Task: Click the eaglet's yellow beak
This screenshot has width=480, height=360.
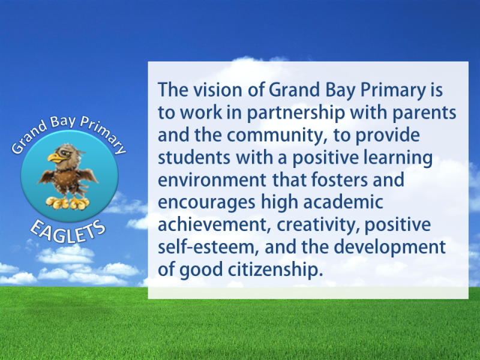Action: tap(55, 158)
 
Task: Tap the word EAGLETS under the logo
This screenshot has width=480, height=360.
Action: tap(68, 232)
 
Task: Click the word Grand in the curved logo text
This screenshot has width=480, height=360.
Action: tap(29, 139)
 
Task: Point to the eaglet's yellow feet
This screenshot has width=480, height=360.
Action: tap(68, 203)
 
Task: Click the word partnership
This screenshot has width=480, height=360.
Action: tap(296, 113)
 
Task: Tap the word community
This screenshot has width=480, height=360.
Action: tap(277, 136)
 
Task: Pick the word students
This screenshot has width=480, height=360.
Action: tap(194, 157)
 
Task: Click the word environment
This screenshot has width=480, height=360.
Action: tap(212, 180)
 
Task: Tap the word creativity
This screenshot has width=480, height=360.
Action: tap(319, 224)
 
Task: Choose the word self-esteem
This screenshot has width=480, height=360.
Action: tap(209, 247)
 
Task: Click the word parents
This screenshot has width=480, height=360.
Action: tap(424, 113)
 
